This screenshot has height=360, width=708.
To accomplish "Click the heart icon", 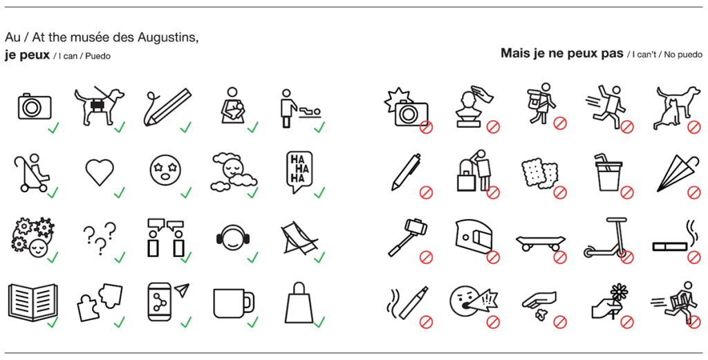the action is click(x=100, y=172).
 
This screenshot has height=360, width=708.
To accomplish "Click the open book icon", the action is click(x=32, y=302).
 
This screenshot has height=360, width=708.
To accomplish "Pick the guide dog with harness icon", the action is click(x=99, y=106).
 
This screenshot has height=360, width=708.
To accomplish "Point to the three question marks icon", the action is click(x=100, y=237).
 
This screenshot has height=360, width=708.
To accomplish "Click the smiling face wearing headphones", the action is click(x=233, y=237).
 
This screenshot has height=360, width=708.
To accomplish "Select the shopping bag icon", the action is click(x=299, y=302).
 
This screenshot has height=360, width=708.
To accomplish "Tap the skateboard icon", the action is click(x=541, y=243).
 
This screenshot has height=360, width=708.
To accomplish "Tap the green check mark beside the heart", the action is click(x=119, y=192).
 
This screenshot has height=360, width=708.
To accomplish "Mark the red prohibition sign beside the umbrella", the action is click(x=693, y=193).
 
